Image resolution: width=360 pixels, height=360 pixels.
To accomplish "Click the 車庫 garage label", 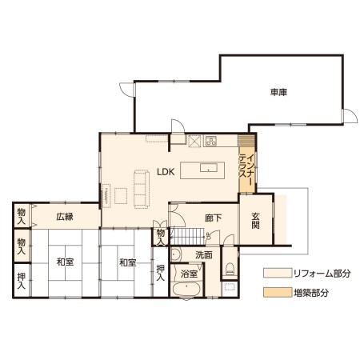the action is (x=278, y=93).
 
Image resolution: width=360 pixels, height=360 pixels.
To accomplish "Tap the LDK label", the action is (x=166, y=172).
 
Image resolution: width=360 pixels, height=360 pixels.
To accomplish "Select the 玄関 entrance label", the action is (x=255, y=221).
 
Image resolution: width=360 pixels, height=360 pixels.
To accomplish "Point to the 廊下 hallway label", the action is (x=214, y=218).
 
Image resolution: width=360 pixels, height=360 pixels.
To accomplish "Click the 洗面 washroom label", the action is (x=204, y=255).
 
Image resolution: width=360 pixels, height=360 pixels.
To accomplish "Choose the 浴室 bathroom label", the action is (x=189, y=274).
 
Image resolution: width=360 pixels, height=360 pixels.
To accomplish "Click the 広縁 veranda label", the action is (x=65, y=217).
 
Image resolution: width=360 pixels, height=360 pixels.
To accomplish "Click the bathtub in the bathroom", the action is (x=186, y=290).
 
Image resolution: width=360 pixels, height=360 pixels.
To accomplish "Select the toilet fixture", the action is (x=230, y=268).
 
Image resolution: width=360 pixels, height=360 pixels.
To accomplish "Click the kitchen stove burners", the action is (x=211, y=141).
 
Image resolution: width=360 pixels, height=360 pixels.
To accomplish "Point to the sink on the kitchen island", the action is (x=209, y=168).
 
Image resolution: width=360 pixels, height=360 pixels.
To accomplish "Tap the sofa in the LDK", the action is (x=142, y=189).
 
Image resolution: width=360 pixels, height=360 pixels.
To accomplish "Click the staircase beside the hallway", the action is (x=187, y=236).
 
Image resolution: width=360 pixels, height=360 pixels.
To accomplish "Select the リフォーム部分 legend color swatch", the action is (x=278, y=273).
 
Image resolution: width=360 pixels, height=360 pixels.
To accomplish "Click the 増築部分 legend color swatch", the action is (x=278, y=292).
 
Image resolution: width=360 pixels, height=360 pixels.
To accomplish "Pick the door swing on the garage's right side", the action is (x=350, y=116).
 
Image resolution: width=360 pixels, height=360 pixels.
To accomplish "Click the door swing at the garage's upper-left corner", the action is (x=127, y=90).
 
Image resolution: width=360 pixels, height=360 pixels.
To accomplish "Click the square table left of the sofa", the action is (x=121, y=196).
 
